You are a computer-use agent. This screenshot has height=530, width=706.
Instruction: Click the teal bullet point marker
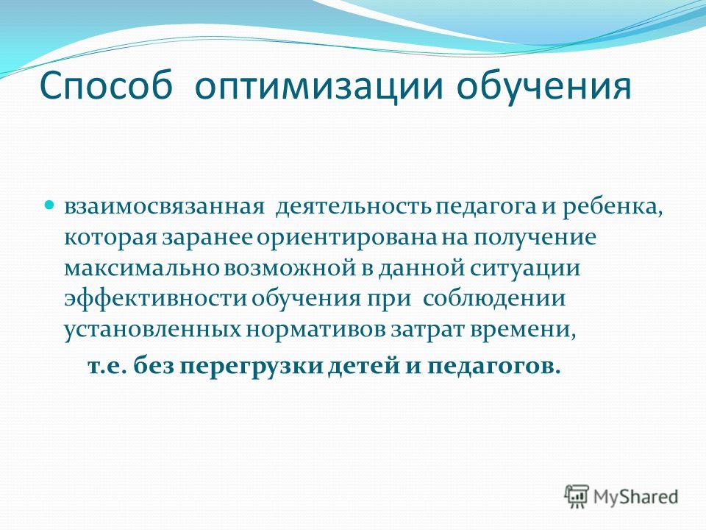(x=51, y=205)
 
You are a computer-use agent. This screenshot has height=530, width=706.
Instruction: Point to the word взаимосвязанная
(x=163, y=208)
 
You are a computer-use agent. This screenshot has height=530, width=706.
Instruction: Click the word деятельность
(x=354, y=208)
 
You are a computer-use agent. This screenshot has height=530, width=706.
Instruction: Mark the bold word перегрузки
(x=252, y=366)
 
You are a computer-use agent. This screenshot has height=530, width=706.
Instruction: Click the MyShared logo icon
(x=577, y=497)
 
